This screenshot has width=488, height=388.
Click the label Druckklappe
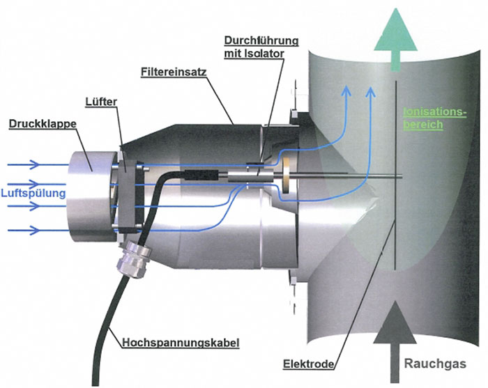(x=43, y=124)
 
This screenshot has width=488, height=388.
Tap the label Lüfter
(x=101, y=102)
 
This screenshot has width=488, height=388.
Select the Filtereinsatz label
(x=174, y=72)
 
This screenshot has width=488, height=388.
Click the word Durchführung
(x=261, y=40)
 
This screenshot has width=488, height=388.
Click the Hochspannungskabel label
(x=181, y=343)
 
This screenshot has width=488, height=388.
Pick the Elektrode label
(x=308, y=364)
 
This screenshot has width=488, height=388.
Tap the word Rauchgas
(x=435, y=364)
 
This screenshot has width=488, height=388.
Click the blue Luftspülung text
(x=33, y=193)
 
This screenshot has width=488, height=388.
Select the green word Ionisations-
(x=435, y=112)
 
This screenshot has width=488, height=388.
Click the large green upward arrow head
(x=395, y=29)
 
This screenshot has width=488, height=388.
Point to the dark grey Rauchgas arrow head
(x=395, y=322)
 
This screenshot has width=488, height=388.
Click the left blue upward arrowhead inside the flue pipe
(x=346, y=91)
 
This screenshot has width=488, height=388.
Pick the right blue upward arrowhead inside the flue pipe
(x=370, y=91)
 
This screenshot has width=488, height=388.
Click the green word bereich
(x=423, y=125)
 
